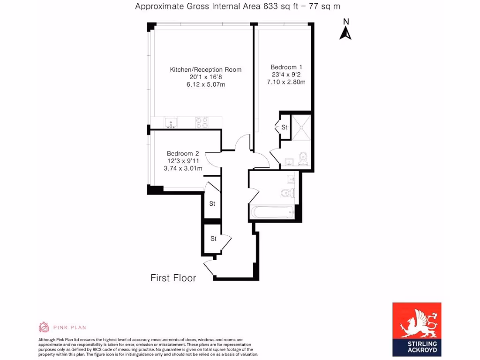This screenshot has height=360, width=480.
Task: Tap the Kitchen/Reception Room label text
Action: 205,70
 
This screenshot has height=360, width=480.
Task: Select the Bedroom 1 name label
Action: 286,67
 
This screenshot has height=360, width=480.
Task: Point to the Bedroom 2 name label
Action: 183,154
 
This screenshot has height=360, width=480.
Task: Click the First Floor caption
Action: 173,278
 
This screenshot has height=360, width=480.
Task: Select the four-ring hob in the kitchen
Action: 202,122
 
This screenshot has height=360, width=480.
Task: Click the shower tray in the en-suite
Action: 301,127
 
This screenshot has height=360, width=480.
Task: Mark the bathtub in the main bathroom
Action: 272,213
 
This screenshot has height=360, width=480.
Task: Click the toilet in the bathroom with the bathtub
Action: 286,193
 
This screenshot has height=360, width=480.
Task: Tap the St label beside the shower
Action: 284,127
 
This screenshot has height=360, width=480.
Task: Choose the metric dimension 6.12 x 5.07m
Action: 205,85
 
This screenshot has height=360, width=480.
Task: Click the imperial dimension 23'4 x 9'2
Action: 286,75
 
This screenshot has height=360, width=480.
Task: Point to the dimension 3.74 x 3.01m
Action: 183,169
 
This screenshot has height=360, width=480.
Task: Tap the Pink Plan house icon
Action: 44,327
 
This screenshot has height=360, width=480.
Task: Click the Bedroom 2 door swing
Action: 211,159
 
